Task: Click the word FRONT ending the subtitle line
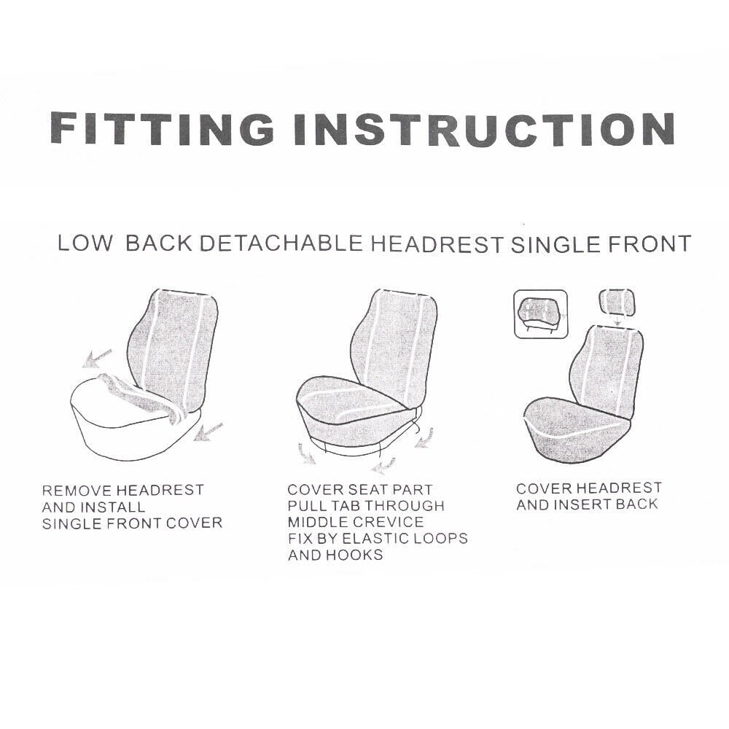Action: tap(649, 243)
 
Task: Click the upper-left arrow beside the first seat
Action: tap(96, 357)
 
